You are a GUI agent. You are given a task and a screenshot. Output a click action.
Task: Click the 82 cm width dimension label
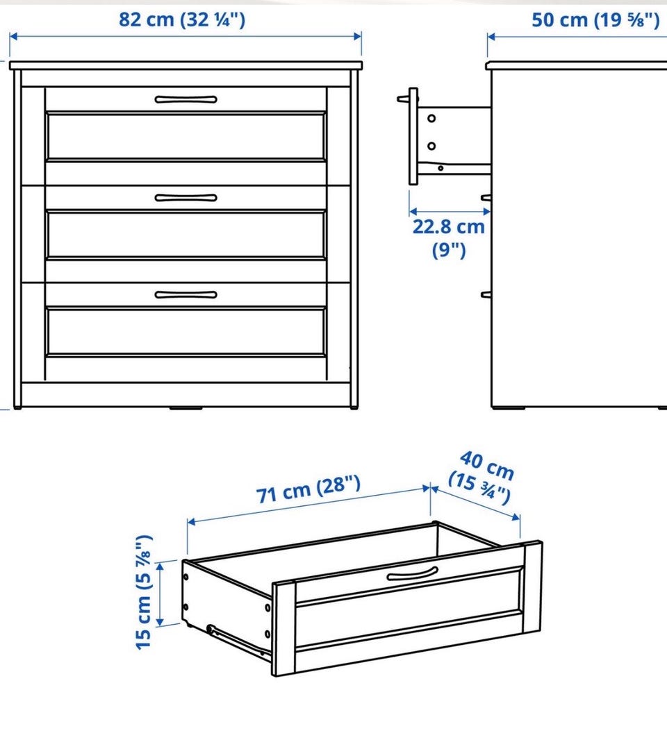[x=181, y=19]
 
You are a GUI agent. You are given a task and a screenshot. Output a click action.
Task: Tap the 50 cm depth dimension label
[x=595, y=20]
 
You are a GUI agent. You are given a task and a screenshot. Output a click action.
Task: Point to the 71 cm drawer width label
[x=308, y=489]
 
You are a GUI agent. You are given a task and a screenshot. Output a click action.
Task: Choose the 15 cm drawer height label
[x=144, y=591]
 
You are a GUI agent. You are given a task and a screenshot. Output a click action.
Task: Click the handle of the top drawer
[x=186, y=99]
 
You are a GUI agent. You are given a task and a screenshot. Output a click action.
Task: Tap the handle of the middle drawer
[x=186, y=198]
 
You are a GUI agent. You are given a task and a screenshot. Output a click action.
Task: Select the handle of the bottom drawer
[x=186, y=294]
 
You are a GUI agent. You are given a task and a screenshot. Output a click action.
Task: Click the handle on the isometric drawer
[x=413, y=574]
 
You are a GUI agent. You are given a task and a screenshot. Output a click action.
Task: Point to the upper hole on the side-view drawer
[x=431, y=118]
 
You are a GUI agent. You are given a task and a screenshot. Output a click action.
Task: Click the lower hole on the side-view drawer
[x=431, y=146]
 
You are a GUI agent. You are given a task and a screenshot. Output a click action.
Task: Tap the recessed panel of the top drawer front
[x=186, y=136]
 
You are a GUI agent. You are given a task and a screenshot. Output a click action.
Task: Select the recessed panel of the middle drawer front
[x=186, y=234]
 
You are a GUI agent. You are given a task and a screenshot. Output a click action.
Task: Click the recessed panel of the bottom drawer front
[x=186, y=331]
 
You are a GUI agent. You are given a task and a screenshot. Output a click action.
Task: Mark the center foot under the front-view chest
[x=186, y=408]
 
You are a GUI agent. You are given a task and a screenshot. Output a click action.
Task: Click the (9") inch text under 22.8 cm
[x=448, y=251]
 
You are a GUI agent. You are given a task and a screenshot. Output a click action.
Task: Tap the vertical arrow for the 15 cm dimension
[x=160, y=593]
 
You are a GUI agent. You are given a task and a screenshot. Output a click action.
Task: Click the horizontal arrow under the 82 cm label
[x=186, y=37]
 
